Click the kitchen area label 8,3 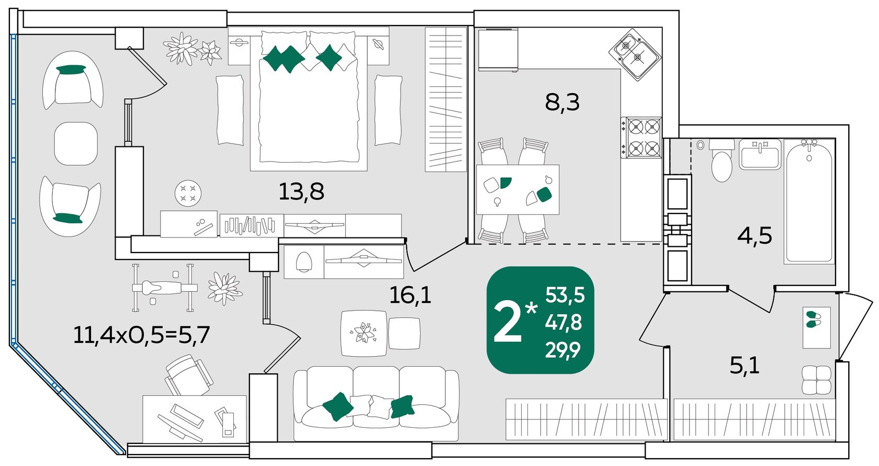tap(562, 103)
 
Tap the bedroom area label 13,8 tap(301, 192)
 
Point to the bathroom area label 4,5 tap(754, 236)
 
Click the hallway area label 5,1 tap(745, 366)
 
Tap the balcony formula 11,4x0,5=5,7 tap(142, 335)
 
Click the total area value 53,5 tap(565, 295)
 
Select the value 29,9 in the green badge tap(563, 350)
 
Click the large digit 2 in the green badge tap(508, 323)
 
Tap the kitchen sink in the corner tap(635, 54)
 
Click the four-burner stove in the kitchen tap(641, 137)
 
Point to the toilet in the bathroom tap(722, 161)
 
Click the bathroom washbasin tap(760, 154)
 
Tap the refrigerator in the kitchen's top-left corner tap(498, 50)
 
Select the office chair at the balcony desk tap(187, 376)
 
